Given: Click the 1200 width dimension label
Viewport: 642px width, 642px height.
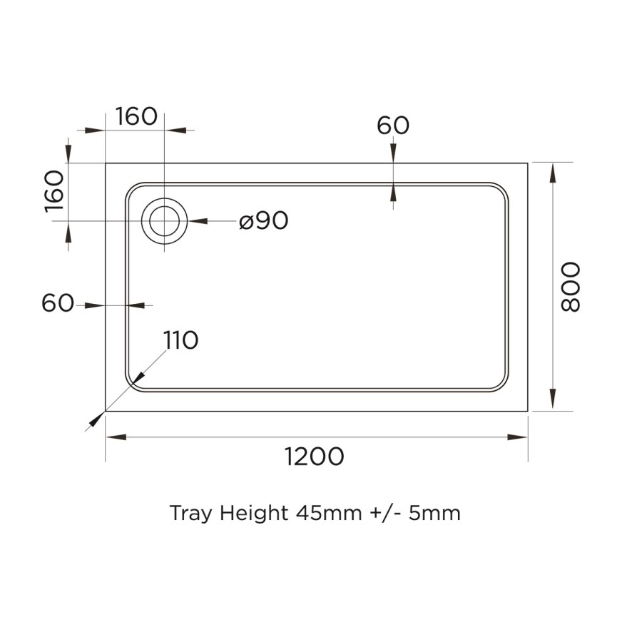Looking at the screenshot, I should tap(315, 457).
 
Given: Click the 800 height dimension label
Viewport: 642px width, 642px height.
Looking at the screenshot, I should tap(571, 286).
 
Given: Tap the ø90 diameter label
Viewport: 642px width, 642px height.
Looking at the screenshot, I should tap(264, 221).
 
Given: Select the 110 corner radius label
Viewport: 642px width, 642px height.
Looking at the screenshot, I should tap(180, 341).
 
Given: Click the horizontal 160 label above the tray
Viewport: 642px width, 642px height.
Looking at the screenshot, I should tap(136, 116).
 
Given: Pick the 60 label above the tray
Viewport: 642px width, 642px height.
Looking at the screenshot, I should tap(393, 126).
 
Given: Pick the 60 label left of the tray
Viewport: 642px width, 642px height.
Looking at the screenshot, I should tap(58, 303).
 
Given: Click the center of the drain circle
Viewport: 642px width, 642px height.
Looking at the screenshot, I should tap(165, 221).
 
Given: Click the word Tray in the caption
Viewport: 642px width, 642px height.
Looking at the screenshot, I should tap(190, 513).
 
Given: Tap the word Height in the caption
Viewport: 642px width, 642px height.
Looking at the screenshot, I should tap(254, 513).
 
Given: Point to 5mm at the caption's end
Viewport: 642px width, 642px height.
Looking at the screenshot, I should tap(434, 513).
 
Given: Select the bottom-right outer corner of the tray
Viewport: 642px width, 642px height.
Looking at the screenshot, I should tap(528, 411).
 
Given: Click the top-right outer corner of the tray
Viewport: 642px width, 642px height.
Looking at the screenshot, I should tap(528, 163).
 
